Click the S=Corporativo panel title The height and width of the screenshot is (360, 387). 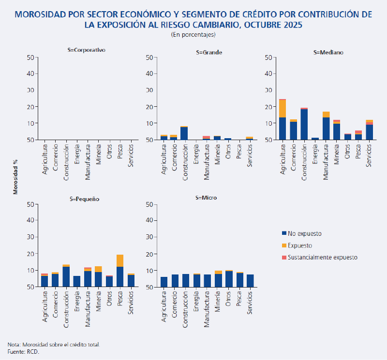click(x=87, y=50)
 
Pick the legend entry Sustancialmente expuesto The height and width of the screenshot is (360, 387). click(x=322, y=258)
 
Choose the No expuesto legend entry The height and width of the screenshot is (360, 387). click(x=304, y=233)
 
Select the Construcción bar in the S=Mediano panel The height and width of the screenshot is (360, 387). click(x=304, y=124)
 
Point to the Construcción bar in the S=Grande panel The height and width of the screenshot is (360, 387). click(x=184, y=133)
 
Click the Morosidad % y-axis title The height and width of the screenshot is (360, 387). click(x=16, y=179)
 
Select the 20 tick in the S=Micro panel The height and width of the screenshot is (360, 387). click(x=149, y=254)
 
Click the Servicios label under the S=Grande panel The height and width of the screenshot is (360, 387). click(x=250, y=154)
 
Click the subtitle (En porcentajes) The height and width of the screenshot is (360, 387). click(x=193, y=35)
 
